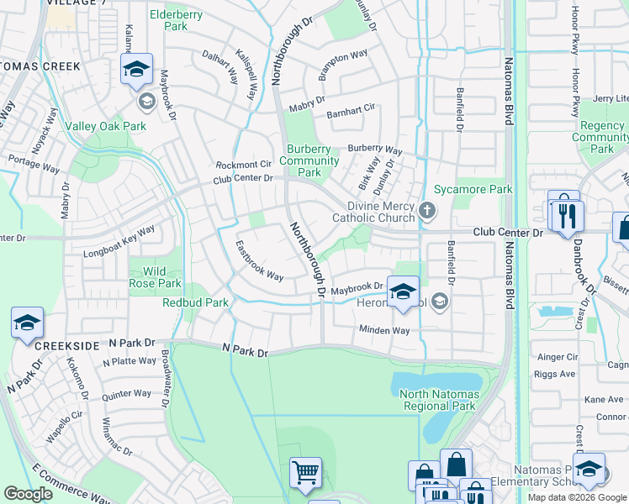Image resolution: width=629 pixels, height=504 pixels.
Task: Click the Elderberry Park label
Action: click(x=180, y=20)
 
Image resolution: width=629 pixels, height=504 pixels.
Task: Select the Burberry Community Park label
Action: click(x=309, y=160)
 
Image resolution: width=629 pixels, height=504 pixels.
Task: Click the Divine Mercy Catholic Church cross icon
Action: click(x=427, y=210)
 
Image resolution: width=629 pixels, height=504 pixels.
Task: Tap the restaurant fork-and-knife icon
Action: click(x=566, y=216)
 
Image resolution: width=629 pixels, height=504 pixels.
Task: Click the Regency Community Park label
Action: click(x=602, y=137)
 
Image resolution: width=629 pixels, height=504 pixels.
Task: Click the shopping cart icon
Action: click(x=305, y=471)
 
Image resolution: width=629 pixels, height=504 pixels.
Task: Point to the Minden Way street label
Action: click(x=384, y=330)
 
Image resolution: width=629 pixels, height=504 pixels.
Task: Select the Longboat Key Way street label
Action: click(x=119, y=241)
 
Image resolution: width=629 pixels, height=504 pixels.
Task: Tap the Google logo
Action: click(x=29, y=493)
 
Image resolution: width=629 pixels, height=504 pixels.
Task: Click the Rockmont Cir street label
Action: click(x=243, y=164)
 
